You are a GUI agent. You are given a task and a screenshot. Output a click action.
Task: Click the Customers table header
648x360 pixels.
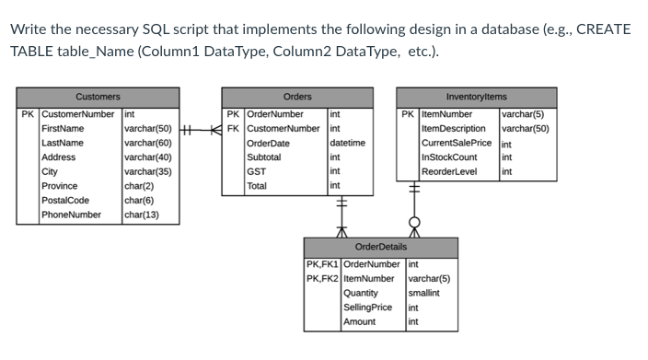click(x=98, y=97)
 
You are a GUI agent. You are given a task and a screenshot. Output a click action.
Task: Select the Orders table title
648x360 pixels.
click(x=296, y=97)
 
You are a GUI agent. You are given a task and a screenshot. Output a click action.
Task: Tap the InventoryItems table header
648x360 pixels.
click(x=476, y=97)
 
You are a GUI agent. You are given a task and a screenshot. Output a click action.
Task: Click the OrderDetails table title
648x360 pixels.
click(x=380, y=247)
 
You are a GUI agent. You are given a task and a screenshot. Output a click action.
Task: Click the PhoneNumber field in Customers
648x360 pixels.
click(x=71, y=215)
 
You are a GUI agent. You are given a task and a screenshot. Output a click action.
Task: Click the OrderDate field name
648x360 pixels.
click(x=268, y=143)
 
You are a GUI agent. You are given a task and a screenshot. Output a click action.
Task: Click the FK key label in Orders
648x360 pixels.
click(x=234, y=128)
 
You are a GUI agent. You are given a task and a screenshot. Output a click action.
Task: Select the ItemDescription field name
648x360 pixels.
click(x=453, y=128)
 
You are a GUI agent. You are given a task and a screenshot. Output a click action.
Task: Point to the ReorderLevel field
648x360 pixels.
click(x=449, y=171)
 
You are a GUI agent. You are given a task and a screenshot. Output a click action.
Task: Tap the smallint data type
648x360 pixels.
click(x=423, y=293)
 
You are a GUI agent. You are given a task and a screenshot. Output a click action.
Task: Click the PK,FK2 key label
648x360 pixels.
click(x=322, y=278)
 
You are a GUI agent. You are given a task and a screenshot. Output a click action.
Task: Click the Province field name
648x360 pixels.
click(x=60, y=186)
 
